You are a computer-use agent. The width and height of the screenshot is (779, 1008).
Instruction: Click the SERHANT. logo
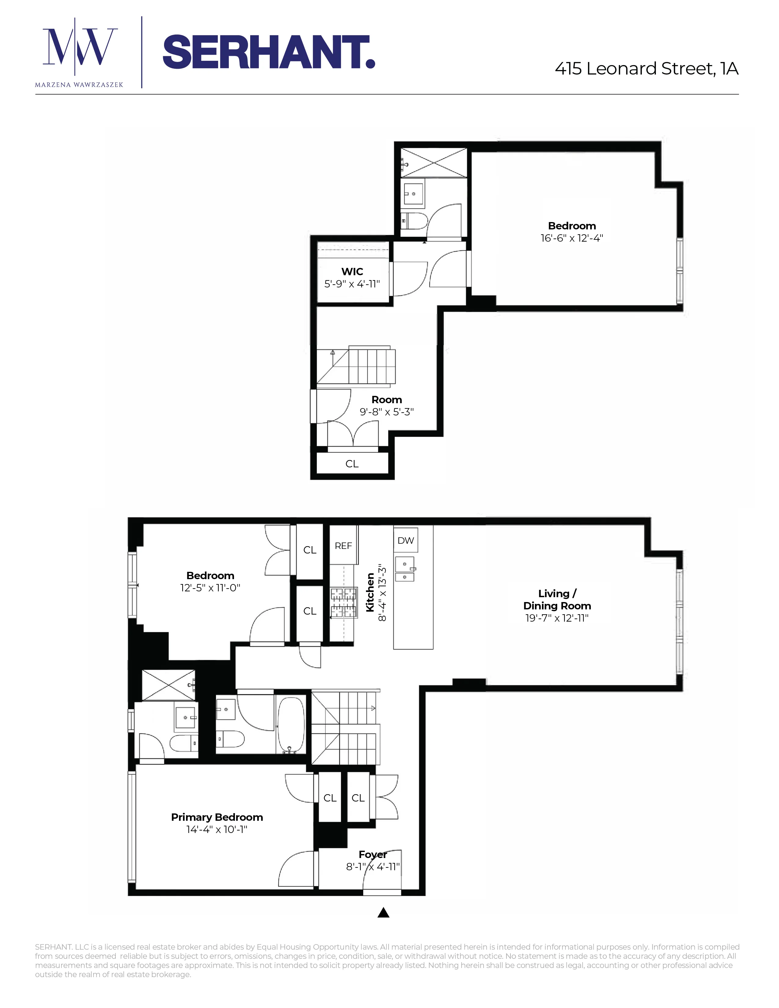tap(269, 52)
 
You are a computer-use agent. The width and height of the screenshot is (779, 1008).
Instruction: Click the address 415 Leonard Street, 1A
tap(646, 69)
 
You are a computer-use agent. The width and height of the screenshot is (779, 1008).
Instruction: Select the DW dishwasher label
tap(406, 540)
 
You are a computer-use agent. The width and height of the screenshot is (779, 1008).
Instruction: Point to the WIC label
tap(352, 271)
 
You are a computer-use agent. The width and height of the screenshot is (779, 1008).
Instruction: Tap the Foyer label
tap(373, 854)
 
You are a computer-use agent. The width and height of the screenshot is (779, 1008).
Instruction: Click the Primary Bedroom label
tap(217, 817)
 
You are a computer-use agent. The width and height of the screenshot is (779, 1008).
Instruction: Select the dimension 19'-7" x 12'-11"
tap(557, 618)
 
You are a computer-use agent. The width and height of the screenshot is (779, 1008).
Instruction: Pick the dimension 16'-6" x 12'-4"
tap(572, 238)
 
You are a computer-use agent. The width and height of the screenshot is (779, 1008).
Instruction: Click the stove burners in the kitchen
tap(344, 602)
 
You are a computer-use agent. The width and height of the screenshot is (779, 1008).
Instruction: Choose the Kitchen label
tap(370, 592)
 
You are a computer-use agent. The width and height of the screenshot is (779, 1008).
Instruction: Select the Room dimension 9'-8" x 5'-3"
tap(387, 412)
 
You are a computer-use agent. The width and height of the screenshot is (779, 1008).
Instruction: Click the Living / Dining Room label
tap(557, 600)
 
